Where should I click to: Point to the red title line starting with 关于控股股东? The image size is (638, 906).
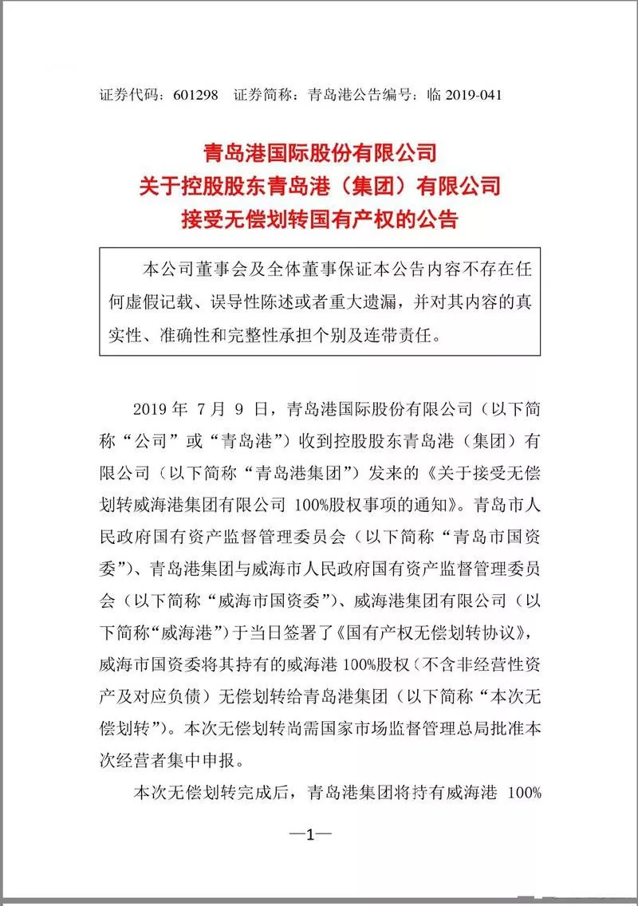click(319, 186)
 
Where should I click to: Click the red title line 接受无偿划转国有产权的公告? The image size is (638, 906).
click(319, 219)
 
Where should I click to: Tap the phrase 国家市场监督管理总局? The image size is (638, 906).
click(404, 727)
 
